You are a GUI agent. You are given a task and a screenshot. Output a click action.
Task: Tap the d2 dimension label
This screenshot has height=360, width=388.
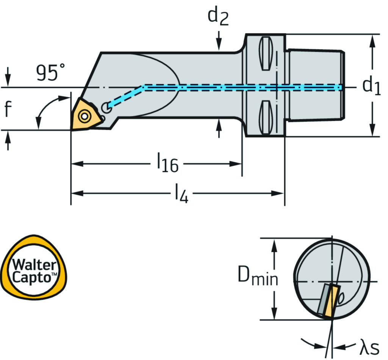tap(218, 17)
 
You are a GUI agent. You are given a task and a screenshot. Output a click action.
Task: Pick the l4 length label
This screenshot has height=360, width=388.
tap(181, 194)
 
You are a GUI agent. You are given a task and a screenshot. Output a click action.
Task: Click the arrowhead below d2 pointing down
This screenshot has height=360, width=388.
tap(219, 45)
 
